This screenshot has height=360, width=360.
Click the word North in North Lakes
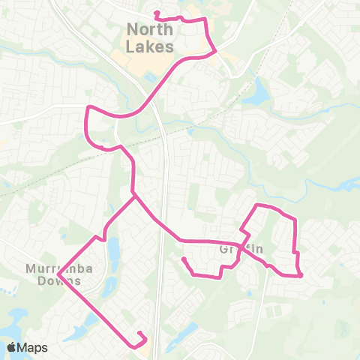coord(150,30)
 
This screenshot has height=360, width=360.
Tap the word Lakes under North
coord(150,46)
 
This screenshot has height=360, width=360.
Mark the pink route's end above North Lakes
coord(155,13)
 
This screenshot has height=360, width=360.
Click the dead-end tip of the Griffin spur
coord(184,259)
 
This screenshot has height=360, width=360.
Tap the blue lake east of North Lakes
coord(259,93)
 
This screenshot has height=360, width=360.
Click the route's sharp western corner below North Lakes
coord(88,108)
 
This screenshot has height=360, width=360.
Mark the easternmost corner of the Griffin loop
coord(301,275)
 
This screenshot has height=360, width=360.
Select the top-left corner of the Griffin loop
coord(258,205)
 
